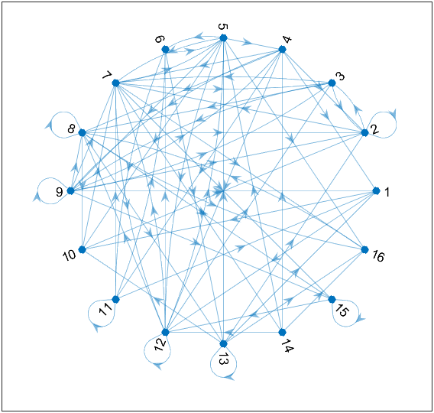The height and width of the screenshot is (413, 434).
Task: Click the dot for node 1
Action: coord(376,191)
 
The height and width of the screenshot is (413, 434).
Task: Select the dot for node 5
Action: coord(223,38)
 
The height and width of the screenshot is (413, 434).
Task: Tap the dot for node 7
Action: coord(115,83)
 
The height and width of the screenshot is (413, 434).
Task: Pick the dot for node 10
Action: coord(82,249)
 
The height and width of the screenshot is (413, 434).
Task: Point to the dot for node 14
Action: coord(282,332)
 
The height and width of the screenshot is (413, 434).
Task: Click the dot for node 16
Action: coord(364,249)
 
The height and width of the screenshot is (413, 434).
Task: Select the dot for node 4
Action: coord(282,50)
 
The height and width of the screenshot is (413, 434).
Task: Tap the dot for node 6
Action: coord(165,50)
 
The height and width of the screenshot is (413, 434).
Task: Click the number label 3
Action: coord(341,76)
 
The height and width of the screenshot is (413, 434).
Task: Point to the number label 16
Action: coord(378,256)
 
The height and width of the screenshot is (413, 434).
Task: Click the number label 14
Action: coord(287,346)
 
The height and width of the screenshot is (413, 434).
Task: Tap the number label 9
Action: coord(60,192)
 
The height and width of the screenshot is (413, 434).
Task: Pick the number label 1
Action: coord(387,192)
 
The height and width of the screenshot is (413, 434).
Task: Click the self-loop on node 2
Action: coord(396,125)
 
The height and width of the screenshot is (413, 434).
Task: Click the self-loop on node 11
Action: coord(89,313)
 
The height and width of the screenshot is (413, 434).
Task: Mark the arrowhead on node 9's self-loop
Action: coord(37,197)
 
